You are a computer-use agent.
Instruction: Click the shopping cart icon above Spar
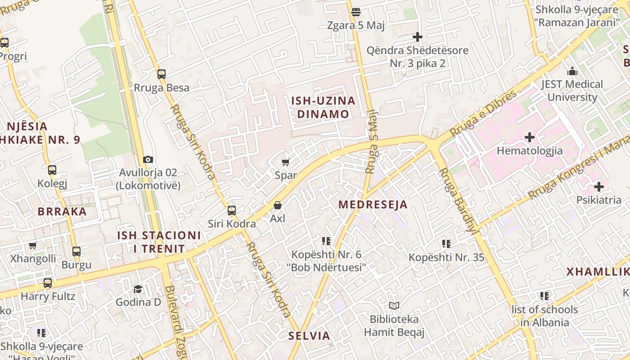(x=285, y=162)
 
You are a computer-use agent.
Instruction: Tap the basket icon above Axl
(x=278, y=205)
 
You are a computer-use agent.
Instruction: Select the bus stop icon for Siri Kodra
(x=231, y=210)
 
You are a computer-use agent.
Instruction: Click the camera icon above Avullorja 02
(x=148, y=159)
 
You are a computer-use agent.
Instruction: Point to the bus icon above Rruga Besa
(x=161, y=74)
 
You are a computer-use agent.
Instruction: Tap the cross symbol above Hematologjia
(x=529, y=137)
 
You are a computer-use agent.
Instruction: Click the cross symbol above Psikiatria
(x=598, y=186)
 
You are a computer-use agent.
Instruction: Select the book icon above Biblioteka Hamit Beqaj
(x=394, y=306)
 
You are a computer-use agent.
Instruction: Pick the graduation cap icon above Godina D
(x=138, y=288)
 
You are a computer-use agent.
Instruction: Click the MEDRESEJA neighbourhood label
(x=373, y=205)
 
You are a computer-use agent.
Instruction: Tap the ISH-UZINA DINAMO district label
(x=323, y=107)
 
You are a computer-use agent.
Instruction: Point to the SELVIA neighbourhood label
(x=309, y=336)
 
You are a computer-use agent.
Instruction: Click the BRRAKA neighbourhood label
(x=62, y=211)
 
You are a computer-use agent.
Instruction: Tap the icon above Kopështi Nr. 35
(x=446, y=244)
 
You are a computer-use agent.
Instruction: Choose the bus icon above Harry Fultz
(x=48, y=283)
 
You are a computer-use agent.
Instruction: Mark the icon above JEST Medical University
(x=572, y=71)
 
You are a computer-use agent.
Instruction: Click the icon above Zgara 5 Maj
(x=356, y=12)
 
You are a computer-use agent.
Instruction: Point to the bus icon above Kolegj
(x=52, y=170)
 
